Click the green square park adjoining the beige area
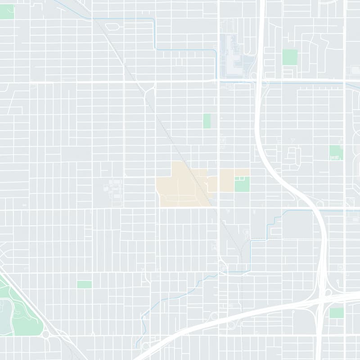(x=242, y=184)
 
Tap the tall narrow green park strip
(x=207, y=121)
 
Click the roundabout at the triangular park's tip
(x=45, y=334)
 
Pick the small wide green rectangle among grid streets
(x=84, y=284)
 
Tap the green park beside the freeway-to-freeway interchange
(x=336, y=313)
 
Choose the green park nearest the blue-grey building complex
(x=290, y=57)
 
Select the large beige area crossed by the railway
(x=180, y=184)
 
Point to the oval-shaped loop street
(x=112, y=27)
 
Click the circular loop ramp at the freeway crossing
(x=328, y=292)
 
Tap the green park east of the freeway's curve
(x=336, y=153)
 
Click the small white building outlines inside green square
(x=242, y=179)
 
